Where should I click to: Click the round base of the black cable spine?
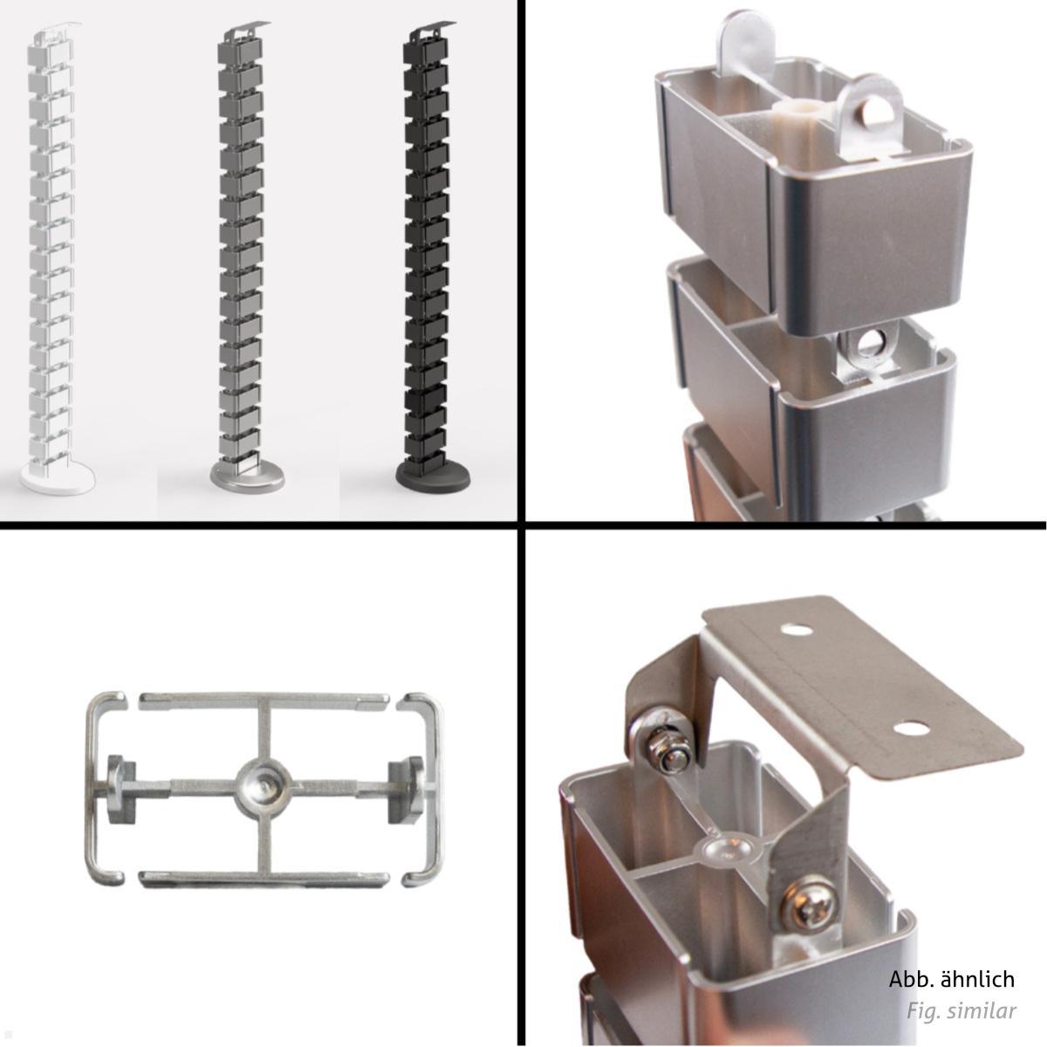(433, 476)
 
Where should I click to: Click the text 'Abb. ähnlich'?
(951, 979)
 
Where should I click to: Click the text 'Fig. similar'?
(961, 1011)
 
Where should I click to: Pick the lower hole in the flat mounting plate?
(910, 727)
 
